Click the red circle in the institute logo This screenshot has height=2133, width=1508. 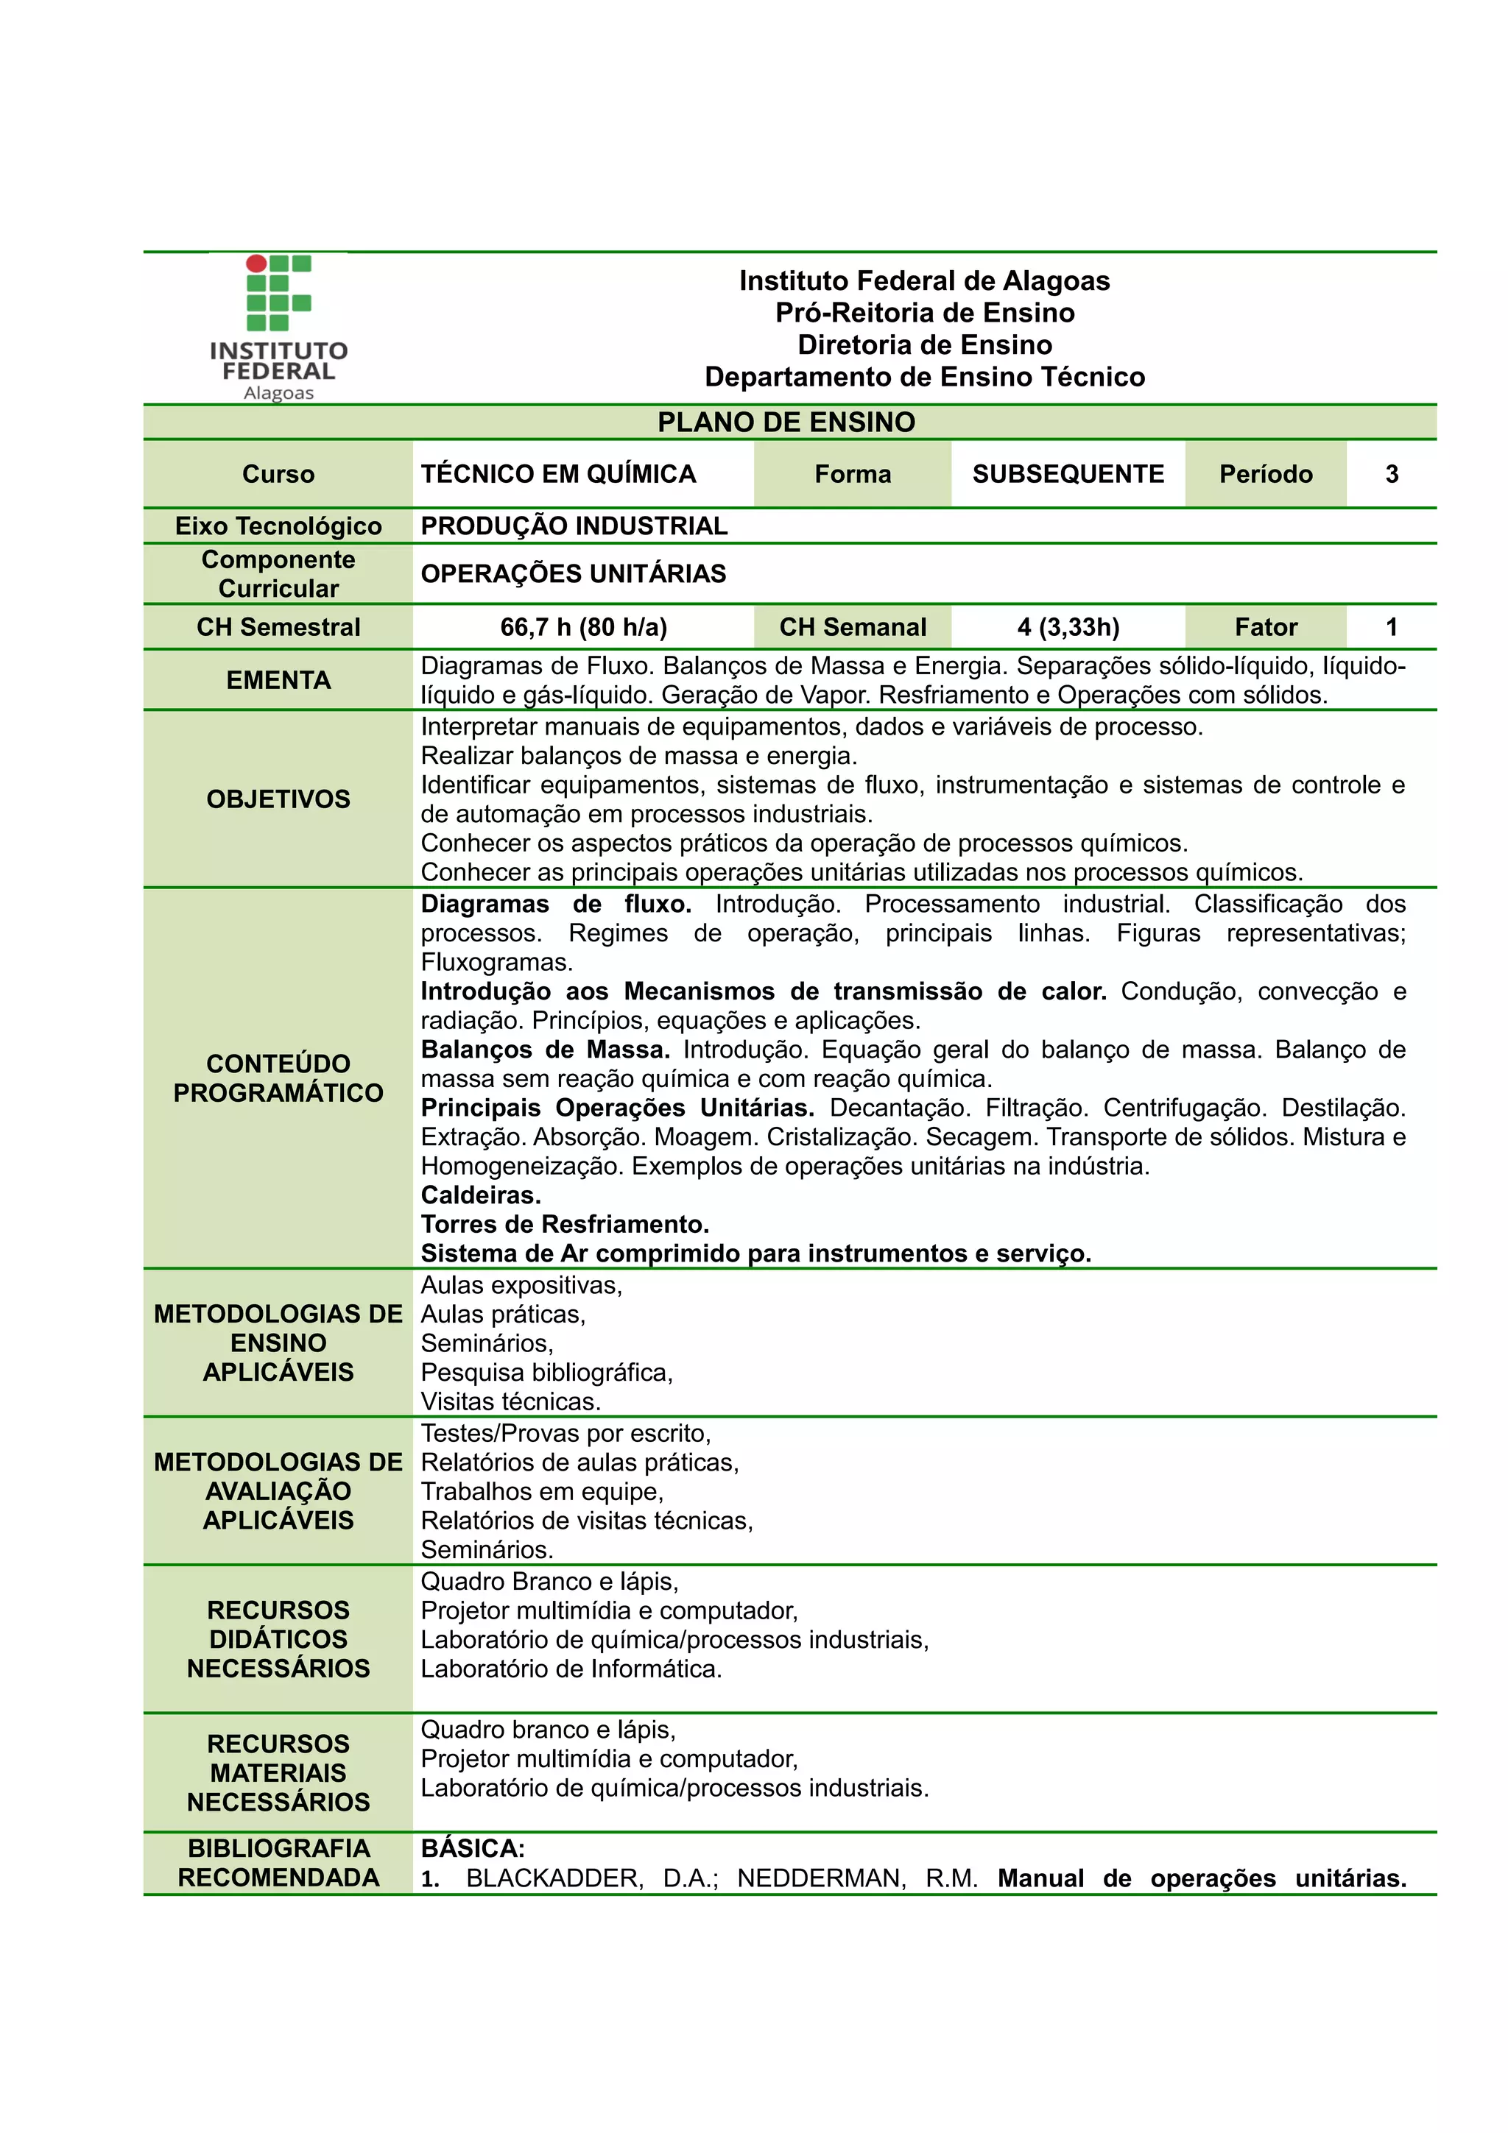(x=256, y=263)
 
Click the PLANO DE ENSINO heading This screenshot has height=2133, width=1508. (x=786, y=422)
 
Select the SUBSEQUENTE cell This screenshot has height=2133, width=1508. (x=1068, y=475)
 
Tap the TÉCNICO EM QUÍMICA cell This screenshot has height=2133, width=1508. (x=558, y=475)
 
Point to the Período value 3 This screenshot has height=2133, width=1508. (x=1391, y=475)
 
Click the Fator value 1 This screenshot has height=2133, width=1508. (x=1391, y=627)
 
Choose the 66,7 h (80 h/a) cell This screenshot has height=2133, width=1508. (x=583, y=627)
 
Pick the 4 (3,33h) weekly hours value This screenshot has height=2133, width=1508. (x=1068, y=627)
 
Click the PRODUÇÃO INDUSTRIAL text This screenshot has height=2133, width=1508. (x=574, y=526)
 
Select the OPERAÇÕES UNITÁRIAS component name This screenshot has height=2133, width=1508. (x=574, y=574)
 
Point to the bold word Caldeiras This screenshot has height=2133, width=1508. (x=480, y=1195)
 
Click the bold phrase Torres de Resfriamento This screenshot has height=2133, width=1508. (x=564, y=1225)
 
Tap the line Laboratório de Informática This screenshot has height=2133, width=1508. (x=571, y=1669)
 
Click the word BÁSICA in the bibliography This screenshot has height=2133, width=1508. (x=472, y=1849)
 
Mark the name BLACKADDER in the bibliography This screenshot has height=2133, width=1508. (x=554, y=1878)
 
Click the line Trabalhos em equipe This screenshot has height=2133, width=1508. (x=542, y=1491)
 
